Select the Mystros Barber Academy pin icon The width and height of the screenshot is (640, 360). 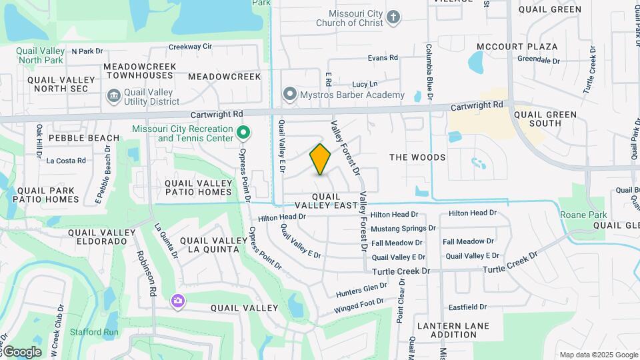point(289,95)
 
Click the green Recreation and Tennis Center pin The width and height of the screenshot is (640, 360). point(243,133)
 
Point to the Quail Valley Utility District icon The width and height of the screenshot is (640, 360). point(113,97)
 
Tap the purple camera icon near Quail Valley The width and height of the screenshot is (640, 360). point(177,301)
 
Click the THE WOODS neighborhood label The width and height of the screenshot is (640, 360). point(417,157)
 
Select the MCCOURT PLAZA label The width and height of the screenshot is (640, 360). point(517,47)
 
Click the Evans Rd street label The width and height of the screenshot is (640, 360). point(383,58)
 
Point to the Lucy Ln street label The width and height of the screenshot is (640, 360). point(365,84)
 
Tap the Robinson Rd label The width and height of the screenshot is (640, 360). point(146,273)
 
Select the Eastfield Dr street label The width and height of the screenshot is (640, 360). point(467,307)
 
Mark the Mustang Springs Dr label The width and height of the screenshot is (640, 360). point(403,228)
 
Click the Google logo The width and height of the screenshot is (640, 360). point(21,351)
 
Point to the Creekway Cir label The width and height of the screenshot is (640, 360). point(190,47)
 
